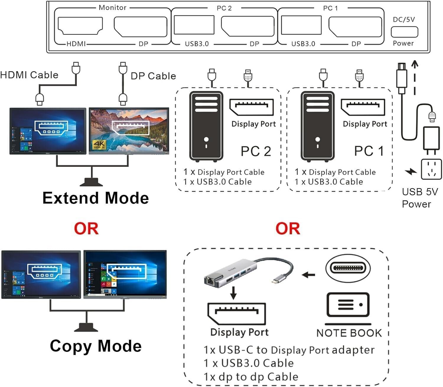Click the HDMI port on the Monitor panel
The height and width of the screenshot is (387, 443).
click(80, 26)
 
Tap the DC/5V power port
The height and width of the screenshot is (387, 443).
click(404, 32)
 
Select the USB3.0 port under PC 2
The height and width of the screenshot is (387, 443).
click(194, 25)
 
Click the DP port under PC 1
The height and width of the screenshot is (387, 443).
click(355, 27)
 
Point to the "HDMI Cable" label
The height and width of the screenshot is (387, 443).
click(29, 75)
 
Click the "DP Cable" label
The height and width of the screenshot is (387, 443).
click(153, 76)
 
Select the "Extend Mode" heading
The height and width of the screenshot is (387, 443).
click(95, 198)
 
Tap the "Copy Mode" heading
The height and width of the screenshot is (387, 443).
click(95, 346)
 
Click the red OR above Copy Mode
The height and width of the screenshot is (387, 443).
click(86, 228)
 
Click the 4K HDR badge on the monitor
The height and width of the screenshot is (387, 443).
click(99, 144)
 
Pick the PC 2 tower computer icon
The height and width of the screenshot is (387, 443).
click(206, 127)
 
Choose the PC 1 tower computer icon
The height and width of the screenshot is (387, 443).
click(317, 127)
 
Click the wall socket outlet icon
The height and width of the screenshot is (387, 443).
click(431, 169)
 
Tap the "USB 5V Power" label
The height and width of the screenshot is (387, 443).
click(419, 198)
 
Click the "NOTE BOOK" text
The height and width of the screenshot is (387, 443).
click(349, 333)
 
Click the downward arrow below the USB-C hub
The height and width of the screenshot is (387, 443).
click(233, 292)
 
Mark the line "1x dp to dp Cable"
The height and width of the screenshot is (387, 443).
click(251, 377)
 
